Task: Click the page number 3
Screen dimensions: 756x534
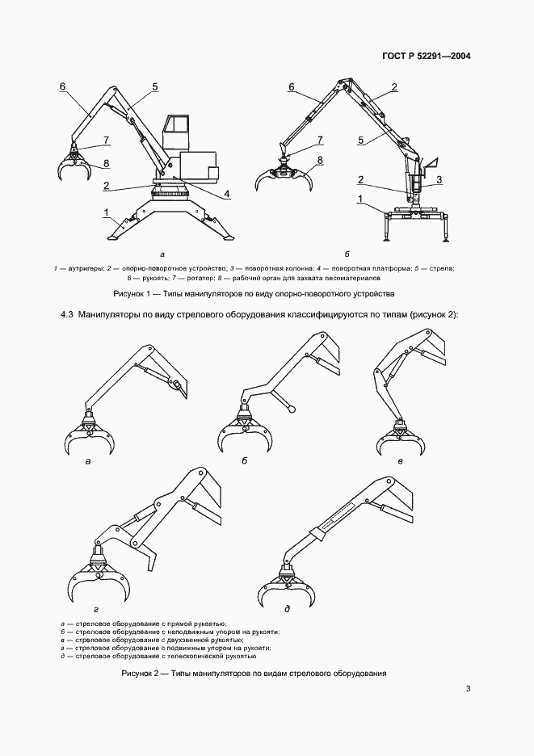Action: (x=469, y=689)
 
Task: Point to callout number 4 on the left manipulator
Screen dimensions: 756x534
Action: (x=227, y=194)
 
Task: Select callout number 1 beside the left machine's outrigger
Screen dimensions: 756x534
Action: (x=106, y=212)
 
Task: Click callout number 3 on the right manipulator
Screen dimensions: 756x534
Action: (x=439, y=179)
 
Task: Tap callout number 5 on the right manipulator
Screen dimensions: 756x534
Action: (x=360, y=141)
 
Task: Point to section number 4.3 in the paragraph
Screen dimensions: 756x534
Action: (x=67, y=313)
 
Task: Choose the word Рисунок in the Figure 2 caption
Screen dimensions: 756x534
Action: (x=138, y=674)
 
